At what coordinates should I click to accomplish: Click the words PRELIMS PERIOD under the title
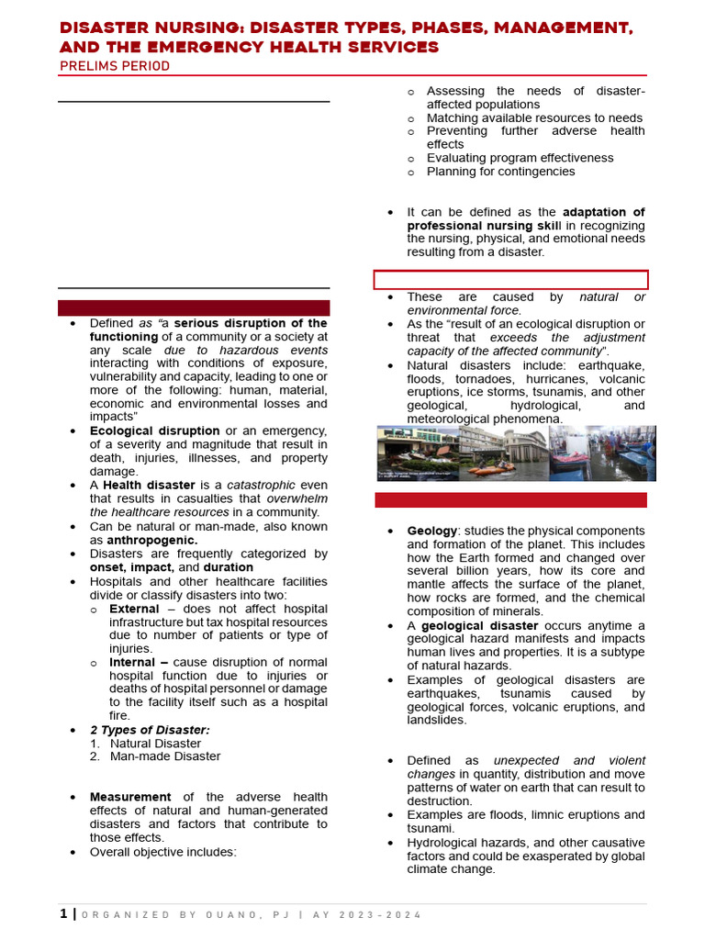point(114,66)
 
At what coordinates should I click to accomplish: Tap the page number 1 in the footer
point(62,913)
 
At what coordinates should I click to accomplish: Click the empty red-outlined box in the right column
point(510,280)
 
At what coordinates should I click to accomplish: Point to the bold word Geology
point(431,532)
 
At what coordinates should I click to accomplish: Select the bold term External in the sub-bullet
point(135,609)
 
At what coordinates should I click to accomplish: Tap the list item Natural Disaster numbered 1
point(155,744)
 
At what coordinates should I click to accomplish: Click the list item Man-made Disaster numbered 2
point(165,756)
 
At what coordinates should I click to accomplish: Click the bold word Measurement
point(130,797)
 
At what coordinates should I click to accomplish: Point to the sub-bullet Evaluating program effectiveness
point(520,158)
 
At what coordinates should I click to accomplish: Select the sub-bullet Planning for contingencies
point(500,172)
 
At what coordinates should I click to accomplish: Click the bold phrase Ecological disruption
point(154,431)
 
